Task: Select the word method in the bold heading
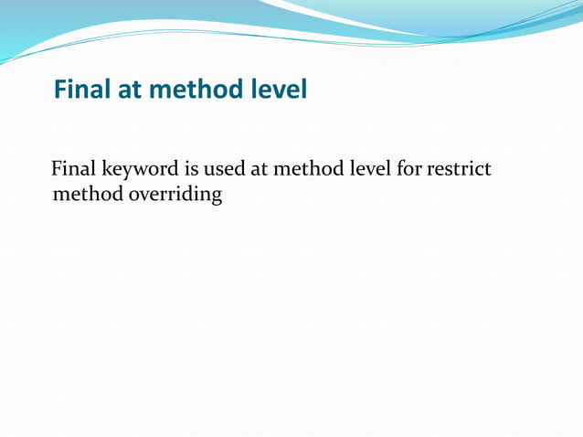click(x=196, y=90)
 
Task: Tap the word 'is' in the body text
click(x=194, y=169)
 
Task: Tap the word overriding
click(x=173, y=195)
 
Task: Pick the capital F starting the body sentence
click(x=58, y=169)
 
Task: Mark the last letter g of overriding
click(x=217, y=197)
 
